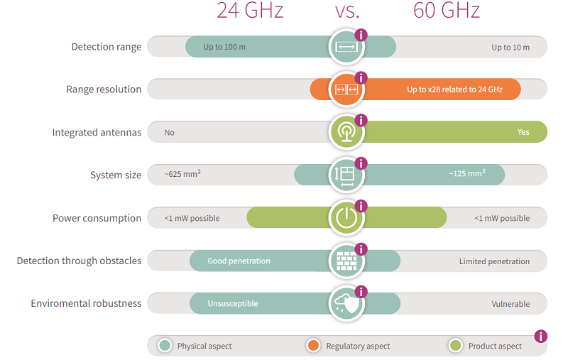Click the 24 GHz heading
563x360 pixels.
[250, 11]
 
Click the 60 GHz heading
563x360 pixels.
[447, 11]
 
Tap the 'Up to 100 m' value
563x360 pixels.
[224, 48]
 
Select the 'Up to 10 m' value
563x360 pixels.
[510, 48]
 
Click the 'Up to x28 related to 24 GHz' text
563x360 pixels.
[454, 89]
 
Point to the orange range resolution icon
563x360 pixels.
[346, 89]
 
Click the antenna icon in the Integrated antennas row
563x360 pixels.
[346, 132]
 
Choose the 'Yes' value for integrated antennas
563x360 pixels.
[523, 132]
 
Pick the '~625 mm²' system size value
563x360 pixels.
[182, 174]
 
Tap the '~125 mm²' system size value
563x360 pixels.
[466, 174]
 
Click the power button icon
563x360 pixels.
[346, 218]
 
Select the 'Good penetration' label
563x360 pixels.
[239, 261]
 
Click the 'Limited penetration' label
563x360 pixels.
[494, 261]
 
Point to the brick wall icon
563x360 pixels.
[346, 261]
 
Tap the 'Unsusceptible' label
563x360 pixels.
[233, 304]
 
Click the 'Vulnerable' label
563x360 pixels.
[510, 304]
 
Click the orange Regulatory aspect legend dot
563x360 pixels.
[312, 346]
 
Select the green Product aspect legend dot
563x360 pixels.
[455, 346]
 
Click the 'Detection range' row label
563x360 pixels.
[106, 47]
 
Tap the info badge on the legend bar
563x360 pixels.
[540, 336]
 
